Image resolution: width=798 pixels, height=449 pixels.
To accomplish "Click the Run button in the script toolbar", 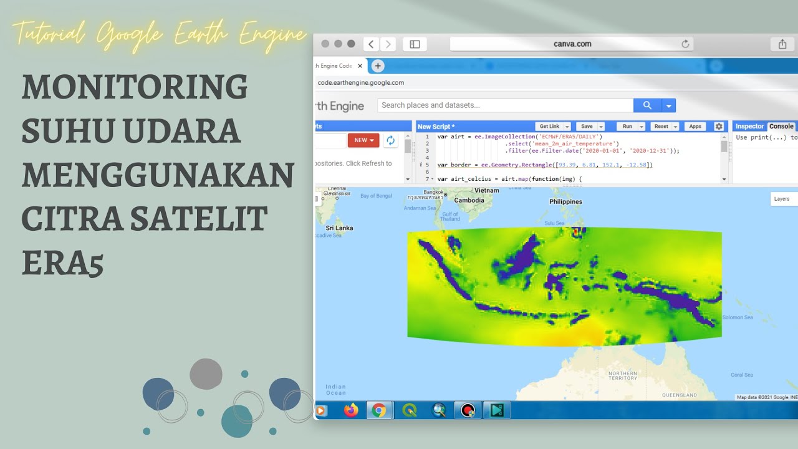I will [627, 126].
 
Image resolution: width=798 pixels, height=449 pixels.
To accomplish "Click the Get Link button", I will [549, 126].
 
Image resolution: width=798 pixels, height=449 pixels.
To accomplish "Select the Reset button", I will [661, 126].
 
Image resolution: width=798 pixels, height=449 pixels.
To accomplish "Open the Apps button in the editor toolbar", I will [695, 126].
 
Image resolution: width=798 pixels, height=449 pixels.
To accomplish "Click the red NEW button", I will [363, 140].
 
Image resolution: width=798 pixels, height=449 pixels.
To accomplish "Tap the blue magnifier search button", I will [647, 105].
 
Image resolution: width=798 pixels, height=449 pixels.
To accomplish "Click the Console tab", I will [781, 126].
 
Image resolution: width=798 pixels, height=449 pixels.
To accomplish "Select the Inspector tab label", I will [749, 126].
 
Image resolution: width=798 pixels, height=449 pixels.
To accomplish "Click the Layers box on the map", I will [782, 199].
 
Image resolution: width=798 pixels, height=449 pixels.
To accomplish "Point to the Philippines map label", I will [565, 201].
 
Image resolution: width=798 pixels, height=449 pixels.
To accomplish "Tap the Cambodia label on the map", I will [469, 200].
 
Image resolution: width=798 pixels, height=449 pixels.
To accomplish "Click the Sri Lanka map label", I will [339, 228].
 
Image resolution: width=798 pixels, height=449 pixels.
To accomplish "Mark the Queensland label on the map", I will [680, 395].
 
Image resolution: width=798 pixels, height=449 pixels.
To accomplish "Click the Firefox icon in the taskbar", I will [351, 410].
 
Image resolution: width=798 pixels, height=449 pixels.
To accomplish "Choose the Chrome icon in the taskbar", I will [378, 410].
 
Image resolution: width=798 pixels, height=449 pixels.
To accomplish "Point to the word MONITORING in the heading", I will [135, 87].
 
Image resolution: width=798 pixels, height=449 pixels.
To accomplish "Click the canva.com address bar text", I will [572, 44].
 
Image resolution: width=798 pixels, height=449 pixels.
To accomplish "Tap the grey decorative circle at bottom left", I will [206, 374].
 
